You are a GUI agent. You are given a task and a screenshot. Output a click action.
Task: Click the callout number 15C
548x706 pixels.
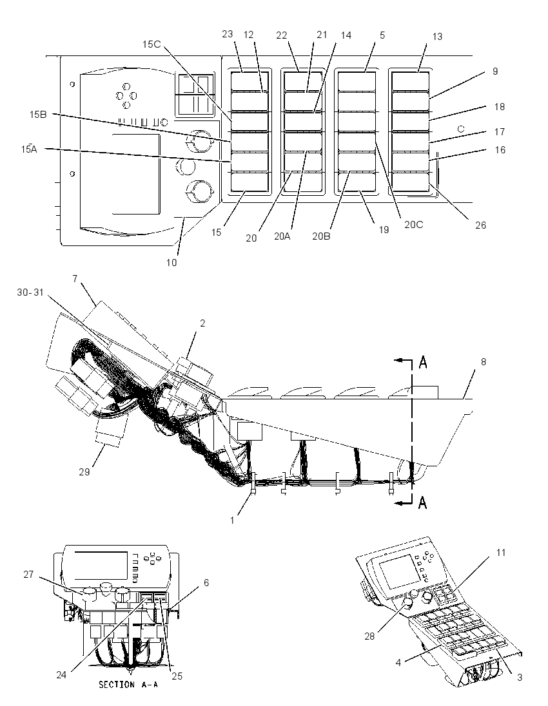[152, 44]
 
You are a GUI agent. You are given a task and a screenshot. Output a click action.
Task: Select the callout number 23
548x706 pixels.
[228, 34]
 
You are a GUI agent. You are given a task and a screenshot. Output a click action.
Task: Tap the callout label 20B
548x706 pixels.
[321, 236]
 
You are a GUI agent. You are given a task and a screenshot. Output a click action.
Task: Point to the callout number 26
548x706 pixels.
[481, 225]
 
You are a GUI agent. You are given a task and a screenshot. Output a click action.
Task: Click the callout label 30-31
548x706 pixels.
[31, 292]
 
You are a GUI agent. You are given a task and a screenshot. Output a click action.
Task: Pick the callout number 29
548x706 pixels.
[84, 472]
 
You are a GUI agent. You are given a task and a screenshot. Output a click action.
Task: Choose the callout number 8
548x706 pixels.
[484, 361]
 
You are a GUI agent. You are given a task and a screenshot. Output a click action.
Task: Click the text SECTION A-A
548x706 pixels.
[128, 684]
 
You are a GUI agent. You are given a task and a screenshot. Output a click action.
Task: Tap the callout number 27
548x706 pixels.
[29, 574]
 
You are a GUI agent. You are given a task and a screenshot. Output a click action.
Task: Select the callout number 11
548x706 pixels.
[501, 553]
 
